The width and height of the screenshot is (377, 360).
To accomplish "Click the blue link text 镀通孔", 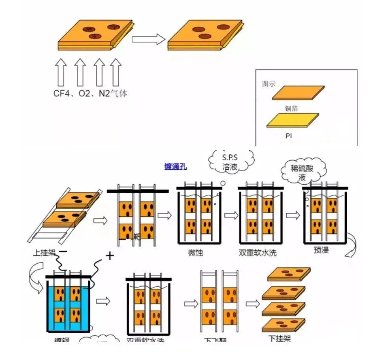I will (176, 167).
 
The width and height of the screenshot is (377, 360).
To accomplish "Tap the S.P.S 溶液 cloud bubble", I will (230, 162).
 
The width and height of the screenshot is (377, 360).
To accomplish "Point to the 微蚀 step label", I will (195, 253).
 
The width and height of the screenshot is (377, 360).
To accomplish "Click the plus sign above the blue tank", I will (110, 256).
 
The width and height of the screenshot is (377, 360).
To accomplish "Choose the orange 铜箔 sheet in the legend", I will (298, 93).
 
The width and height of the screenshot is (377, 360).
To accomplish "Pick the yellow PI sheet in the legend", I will (292, 120).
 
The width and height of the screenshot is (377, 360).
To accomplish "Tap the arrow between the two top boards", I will (148, 39).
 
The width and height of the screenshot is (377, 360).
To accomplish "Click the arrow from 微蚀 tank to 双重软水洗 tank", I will (231, 215).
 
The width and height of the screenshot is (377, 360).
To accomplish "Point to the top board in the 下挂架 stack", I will (289, 274).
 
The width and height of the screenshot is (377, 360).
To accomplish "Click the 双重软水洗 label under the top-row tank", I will (258, 253).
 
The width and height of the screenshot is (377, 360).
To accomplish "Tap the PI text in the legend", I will (289, 136).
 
